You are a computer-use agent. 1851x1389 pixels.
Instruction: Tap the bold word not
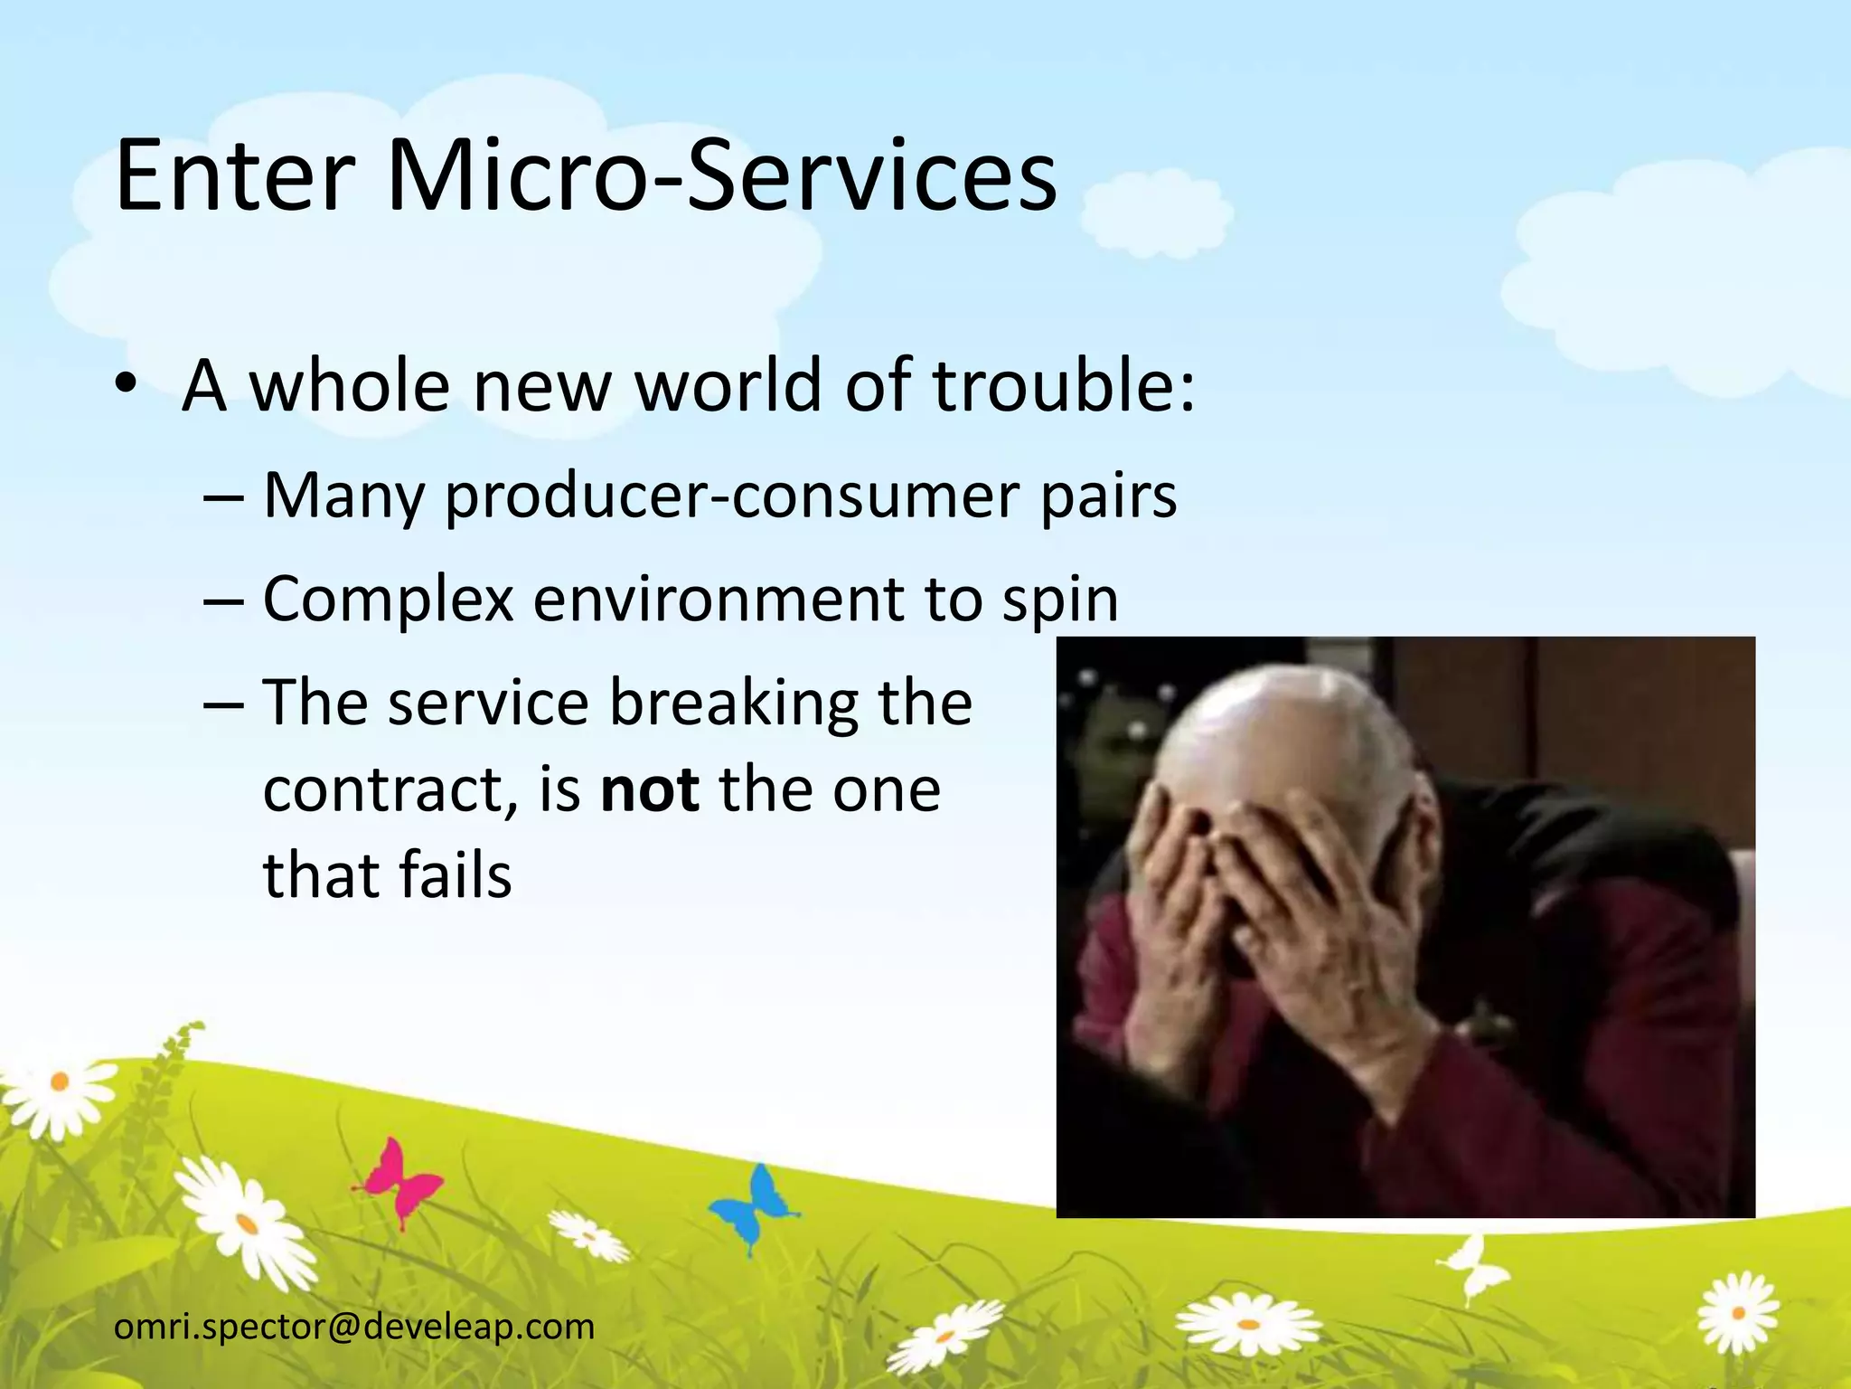[650, 789]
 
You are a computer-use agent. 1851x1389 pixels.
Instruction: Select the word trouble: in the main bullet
[1063, 385]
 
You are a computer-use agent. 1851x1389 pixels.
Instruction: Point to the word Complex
[388, 600]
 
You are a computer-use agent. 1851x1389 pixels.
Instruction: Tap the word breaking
[733, 703]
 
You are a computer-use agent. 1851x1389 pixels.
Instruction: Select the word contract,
[390, 789]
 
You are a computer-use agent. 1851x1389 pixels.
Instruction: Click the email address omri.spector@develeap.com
[354, 1327]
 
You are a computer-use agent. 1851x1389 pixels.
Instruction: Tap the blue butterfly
[752, 1204]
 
